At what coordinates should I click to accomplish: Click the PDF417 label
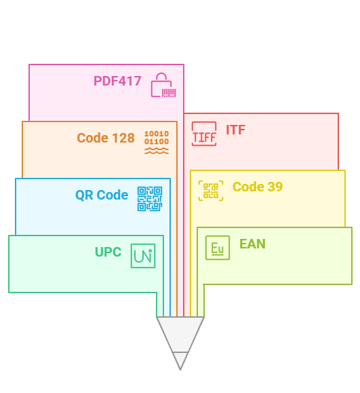pyautogui.click(x=117, y=81)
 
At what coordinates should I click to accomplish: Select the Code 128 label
pyautogui.click(x=106, y=138)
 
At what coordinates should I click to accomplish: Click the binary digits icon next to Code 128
pyautogui.click(x=157, y=142)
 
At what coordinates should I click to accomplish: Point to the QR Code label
pyautogui.click(x=102, y=195)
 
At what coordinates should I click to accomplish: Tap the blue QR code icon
pyautogui.click(x=150, y=199)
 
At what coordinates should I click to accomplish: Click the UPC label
pyautogui.click(x=108, y=252)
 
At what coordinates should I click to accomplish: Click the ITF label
pyautogui.click(x=235, y=130)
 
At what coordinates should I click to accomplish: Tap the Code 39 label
pyautogui.click(x=258, y=187)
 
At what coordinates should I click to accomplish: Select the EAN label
pyautogui.click(x=252, y=244)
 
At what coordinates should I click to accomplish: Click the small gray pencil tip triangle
pyautogui.click(x=180, y=360)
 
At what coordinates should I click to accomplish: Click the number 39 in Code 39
pyautogui.click(x=275, y=187)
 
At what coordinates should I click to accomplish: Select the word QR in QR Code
pyautogui.click(x=84, y=195)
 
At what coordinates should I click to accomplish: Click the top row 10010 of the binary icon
pyautogui.click(x=157, y=134)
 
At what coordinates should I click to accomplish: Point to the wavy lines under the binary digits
pyautogui.click(x=157, y=151)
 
